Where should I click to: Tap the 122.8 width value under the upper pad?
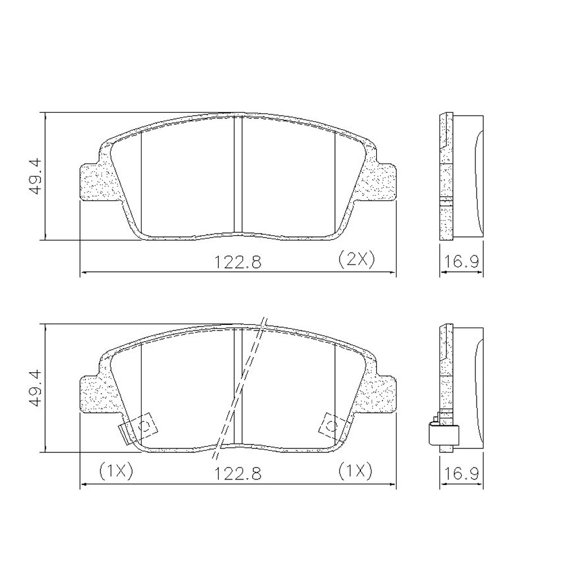click(237, 262)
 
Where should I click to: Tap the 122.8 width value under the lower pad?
click(237, 473)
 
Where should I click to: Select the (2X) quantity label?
click(356, 259)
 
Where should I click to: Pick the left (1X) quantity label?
click(116, 471)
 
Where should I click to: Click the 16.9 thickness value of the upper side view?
click(461, 262)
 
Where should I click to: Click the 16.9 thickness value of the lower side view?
click(461, 473)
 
